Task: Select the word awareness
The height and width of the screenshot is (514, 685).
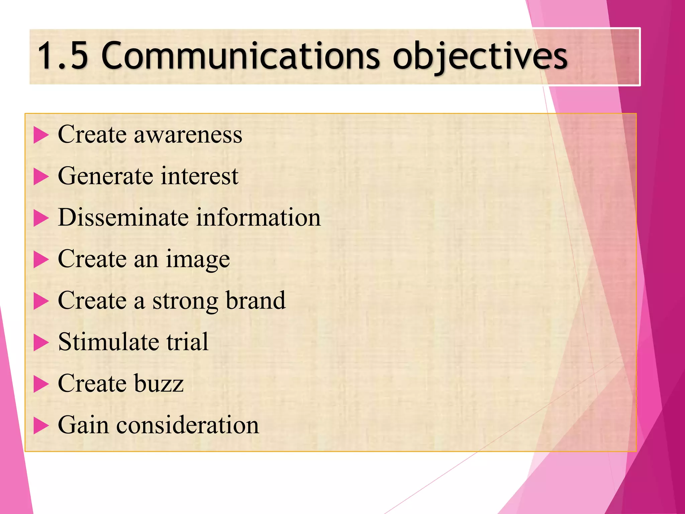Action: [x=188, y=135]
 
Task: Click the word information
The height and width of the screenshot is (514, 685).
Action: [x=258, y=218]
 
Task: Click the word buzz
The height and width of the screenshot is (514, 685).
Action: [x=159, y=383]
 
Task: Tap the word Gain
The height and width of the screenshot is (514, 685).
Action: [x=83, y=425]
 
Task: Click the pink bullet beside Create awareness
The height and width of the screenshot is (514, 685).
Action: [x=41, y=136]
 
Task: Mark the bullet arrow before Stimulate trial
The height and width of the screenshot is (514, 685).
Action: [x=41, y=343]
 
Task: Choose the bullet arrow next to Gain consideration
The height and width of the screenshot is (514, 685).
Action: [x=41, y=426]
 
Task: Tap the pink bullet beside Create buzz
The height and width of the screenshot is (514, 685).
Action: [x=41, y=384]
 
